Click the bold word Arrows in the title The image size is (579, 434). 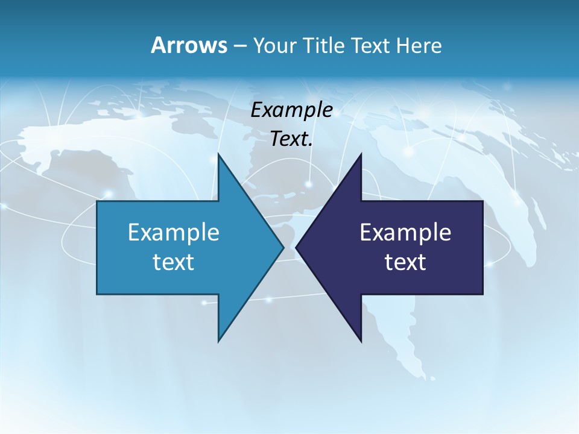tap(189, 45)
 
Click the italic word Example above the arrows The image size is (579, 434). tap(291, 110)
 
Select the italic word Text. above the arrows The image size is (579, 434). tap(291, 139)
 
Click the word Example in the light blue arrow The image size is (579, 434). tap(174, 232)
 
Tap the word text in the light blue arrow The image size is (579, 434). tap(174, 262)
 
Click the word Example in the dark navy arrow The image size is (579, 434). tap(405, 232)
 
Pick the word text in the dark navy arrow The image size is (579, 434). tap(405, 262)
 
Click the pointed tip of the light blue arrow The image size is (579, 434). tap(283, 247)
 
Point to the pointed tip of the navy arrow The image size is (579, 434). tap(296, 247)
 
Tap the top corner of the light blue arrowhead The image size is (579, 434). tap(218, 154)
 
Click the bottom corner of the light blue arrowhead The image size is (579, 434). tap(218, 341)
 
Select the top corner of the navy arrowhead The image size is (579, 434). tap(361, 154)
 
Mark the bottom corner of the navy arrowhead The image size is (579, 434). tap(361, 341)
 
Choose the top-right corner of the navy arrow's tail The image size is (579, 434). tap(482, 201)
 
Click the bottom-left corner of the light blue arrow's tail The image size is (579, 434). tap(97, 294)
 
